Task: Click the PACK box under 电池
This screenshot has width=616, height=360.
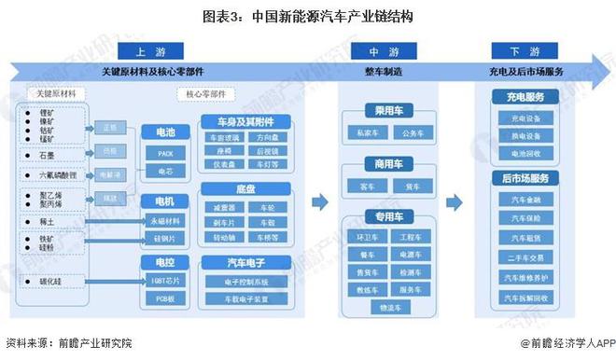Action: click(164, 152)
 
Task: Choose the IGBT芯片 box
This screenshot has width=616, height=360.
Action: click(164, 280)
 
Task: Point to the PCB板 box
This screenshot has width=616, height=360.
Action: click(164, 298)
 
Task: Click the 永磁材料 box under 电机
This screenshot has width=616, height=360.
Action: click(164, 220)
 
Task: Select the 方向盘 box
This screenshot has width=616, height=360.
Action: click(269, 138)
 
